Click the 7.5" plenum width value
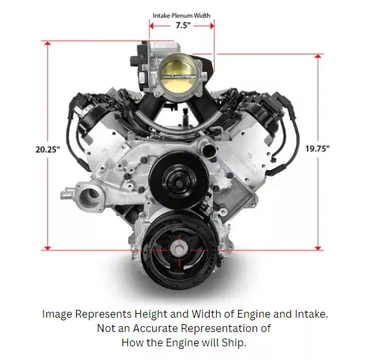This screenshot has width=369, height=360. pyautogui.click(x=183, y=25)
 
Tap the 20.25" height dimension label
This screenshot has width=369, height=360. pyautogui.click(x=48, y=149)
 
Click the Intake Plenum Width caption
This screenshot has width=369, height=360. pyautogui.click(x=182, y=15)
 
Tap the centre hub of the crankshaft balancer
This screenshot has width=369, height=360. pyautogui.click(x=178, y=250)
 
